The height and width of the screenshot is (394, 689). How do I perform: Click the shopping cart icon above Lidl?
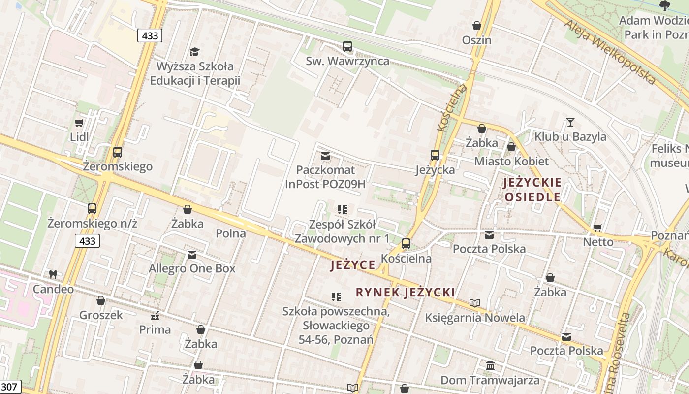(79, 123)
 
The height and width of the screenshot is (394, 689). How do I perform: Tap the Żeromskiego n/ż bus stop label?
(92, 223)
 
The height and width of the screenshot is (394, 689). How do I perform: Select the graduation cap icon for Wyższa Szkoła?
(194, 52)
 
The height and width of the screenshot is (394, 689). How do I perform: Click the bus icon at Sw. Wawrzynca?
(347, 46)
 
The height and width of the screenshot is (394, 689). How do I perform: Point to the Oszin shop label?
(476, 40)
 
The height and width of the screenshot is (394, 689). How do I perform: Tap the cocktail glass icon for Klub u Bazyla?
(570, 122)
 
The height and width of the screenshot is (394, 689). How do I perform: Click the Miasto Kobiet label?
(511, 161)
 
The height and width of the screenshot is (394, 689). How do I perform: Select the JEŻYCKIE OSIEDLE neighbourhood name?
(532, 190)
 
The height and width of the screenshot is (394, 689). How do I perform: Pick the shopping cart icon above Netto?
(598, 228)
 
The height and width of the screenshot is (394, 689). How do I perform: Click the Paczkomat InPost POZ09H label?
(325, 177)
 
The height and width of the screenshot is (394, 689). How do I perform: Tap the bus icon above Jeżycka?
(435, 155)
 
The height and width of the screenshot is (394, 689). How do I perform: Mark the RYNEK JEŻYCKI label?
(405, 292)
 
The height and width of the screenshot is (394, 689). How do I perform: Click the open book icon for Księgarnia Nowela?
(475, 303)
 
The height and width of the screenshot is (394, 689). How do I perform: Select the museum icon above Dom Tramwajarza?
(490, 365)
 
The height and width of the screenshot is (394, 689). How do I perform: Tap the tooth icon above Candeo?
(53, 274)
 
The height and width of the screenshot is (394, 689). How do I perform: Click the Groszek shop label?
(101, 315)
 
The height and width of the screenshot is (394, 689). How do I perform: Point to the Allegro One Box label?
(192, 268)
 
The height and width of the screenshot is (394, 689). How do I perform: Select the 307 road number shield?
(9, 387)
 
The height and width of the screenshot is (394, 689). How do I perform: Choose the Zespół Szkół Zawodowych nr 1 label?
(342, 231)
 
